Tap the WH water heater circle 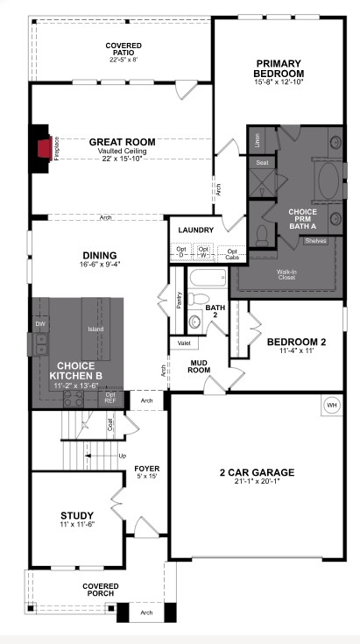[332, 406]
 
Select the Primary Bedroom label [279, 67]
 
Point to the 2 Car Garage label [256, 473]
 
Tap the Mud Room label [199, 366]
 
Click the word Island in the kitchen [96, 329]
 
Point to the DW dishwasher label [39, 323]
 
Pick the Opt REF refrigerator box [110, 397]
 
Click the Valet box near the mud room [181, 343]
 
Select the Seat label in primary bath [261, 162]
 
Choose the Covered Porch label [101, 590]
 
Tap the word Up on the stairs [121, 457]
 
